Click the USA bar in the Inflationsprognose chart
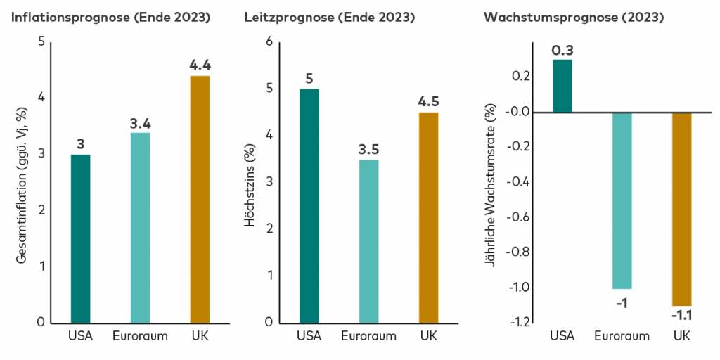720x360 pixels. point(80,238)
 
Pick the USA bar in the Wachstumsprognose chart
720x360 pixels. point(562,86)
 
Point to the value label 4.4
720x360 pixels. point(200,65)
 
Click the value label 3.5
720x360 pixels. point(368,149)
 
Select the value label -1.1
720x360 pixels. point(681,315)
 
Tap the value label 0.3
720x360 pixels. point(562,50)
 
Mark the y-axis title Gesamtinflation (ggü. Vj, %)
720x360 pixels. point(22,185)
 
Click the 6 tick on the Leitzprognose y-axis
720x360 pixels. point(267,42)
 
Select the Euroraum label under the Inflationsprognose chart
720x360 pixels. point(140,335)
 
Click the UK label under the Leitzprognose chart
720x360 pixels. point(428,335)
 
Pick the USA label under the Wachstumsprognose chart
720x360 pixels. point(562,335)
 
